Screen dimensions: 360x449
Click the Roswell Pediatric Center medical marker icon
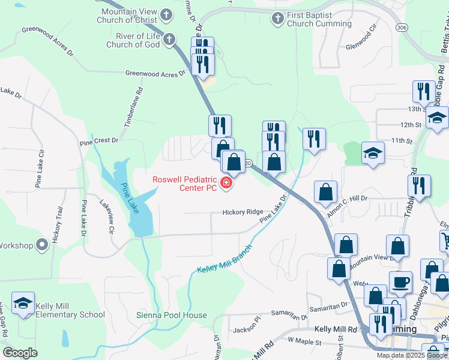(226, 183)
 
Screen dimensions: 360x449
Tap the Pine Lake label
(129, 199)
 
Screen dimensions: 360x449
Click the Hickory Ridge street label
(243, 212)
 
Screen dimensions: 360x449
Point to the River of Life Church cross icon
(169, 40)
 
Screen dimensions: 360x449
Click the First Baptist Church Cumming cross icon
(277, 19)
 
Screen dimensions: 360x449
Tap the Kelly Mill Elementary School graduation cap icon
(23, 305)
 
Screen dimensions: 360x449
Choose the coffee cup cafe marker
(400, 281)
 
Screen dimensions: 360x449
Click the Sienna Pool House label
(171, 315)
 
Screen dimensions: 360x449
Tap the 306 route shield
(402, 28)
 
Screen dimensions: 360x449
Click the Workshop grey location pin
(41, 245)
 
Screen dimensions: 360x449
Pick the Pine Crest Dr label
(99, 140)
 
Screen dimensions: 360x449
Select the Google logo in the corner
(20, 353)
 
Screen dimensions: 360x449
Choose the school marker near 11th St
(373, 153)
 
